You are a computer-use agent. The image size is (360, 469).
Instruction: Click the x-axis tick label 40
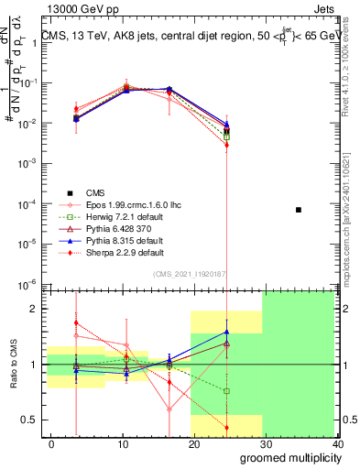click(338, 443)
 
